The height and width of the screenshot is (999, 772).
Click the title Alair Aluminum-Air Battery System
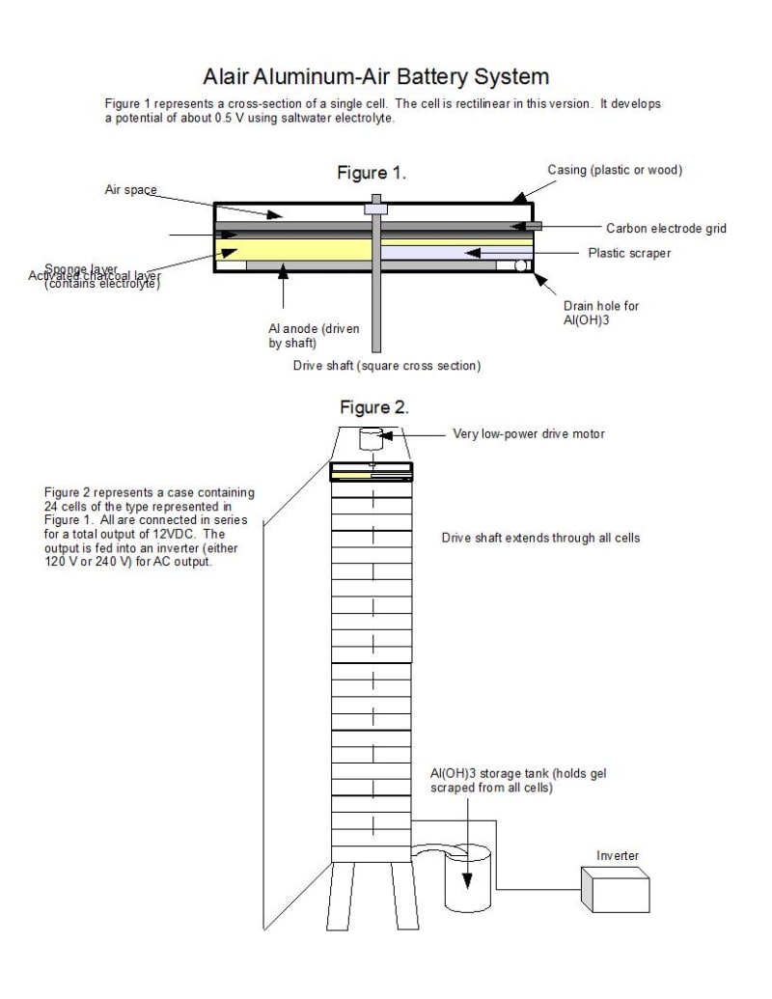pyautogui.click(x=376, y=76)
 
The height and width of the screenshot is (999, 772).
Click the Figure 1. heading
pyautogui.click(x=372, y=174)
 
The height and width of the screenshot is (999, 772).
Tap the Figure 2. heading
pyautogui.click(x=374, y=407)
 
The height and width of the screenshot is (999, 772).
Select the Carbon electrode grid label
pyautogui.click(x=666, y=229)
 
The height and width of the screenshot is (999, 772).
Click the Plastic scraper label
pyautogui.click(x=629, y=253)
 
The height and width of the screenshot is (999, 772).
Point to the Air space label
pyautogui.click(x=130, y=190)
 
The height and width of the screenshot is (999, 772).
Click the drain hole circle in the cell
pyautogui.click(x=521, y=264)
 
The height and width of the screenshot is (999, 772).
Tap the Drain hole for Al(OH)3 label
pyautogui.click(x=600, y=313)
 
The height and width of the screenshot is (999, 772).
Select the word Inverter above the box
pyautogui.click(x=618, y=855)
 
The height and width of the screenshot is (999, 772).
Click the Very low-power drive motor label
pyautogui.click(x=529, y=433)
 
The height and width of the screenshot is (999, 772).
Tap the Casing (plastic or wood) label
pyautogui.click(x=615, y=171)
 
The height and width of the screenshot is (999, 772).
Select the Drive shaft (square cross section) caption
pyautogui.click(x=387, y=366)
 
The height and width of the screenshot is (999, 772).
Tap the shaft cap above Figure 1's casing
pyautogui.click(x=373, y=207)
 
